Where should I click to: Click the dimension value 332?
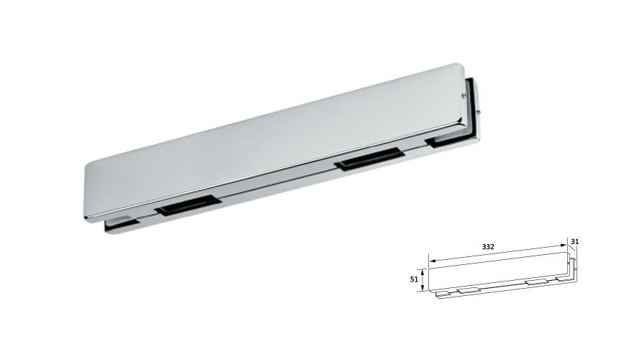[489, 246]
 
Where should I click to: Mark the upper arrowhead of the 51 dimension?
[422, 270]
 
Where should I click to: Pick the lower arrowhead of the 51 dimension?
[422, 289]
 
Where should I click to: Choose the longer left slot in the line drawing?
[469, 289]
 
